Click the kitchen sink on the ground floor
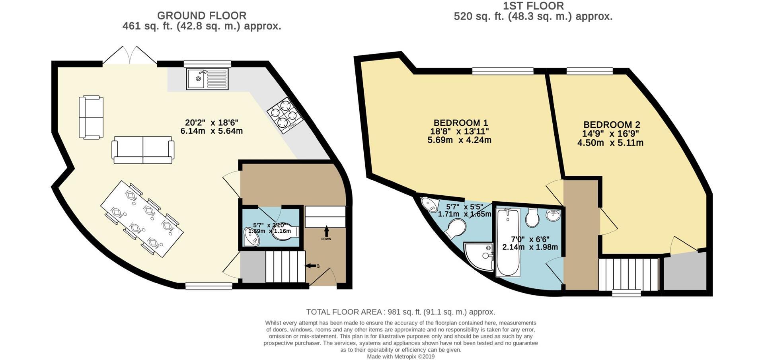(x=207, y=78)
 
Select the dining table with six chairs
(x=142, y=218)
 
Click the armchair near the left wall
(x=91, y=117)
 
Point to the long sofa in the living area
(x=143, y=150)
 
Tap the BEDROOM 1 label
(x=460, y=123)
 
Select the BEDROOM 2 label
(x=612, y=125)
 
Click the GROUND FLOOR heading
(x=202, y=16)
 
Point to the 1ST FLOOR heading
(x=533, y=6)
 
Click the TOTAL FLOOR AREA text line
(x=400, y=312)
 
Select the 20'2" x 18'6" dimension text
(x=211, y=123)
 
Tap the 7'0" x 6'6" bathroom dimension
(x=530, y=239)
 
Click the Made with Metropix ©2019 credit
(x=400, y=356)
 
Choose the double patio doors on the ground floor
(x=130, y=56)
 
